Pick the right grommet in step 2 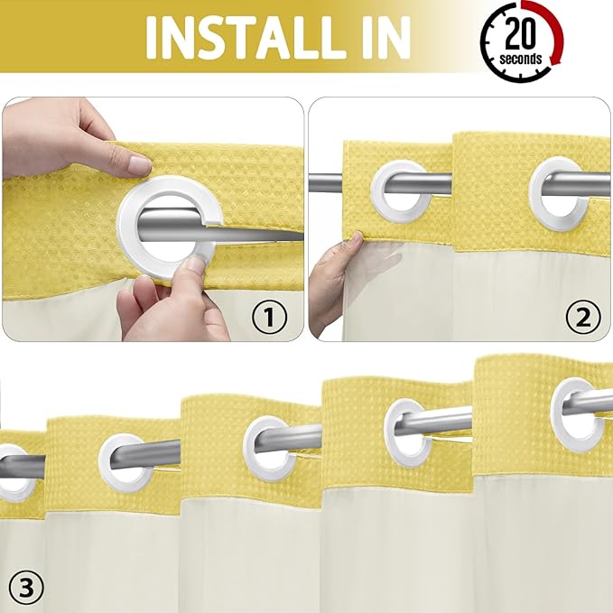tap(555, 186)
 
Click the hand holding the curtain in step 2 tap(334, 280)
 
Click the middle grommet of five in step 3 tap(267, 447)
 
